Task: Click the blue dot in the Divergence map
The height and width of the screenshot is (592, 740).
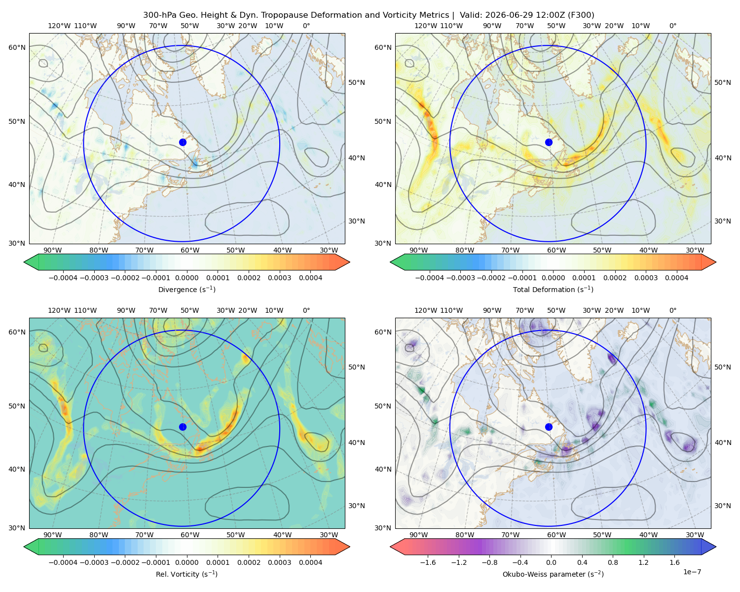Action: [x=183, y=142]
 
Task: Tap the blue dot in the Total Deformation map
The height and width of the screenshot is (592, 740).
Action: [x=549, y=142]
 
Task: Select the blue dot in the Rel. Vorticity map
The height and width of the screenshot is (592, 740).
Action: [x=183, y=427]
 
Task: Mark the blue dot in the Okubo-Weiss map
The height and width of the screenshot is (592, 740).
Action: [x=549, y=427]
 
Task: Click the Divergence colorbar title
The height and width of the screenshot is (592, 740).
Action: [x=186, y=289]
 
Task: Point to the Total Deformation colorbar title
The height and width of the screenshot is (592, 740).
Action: [x=553, y=289]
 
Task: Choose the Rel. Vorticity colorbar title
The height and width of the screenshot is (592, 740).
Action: [x=186, y=574]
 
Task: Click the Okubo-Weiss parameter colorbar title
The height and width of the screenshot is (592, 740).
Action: [x=553, y=574]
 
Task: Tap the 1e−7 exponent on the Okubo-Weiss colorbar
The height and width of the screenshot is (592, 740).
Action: [x=692, y=572]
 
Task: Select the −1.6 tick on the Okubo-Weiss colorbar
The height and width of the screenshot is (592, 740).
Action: [x=428, y=562]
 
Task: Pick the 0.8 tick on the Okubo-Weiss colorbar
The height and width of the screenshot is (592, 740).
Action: [x=613, y=562]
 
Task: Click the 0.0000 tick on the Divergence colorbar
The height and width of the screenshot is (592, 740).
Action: [x=186, y=278]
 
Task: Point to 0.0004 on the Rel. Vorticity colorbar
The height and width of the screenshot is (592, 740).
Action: [x=310, y=562]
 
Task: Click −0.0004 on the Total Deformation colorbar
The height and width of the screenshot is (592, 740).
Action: [x=430, y=278]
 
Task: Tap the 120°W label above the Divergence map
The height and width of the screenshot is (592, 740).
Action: [x=59, y=26]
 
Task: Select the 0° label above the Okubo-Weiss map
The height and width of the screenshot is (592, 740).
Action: [x=672, y=310]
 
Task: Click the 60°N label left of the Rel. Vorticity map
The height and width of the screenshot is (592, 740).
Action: [x=17, y=332]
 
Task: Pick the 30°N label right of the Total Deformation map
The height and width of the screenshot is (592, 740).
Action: [x=723, y=221]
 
